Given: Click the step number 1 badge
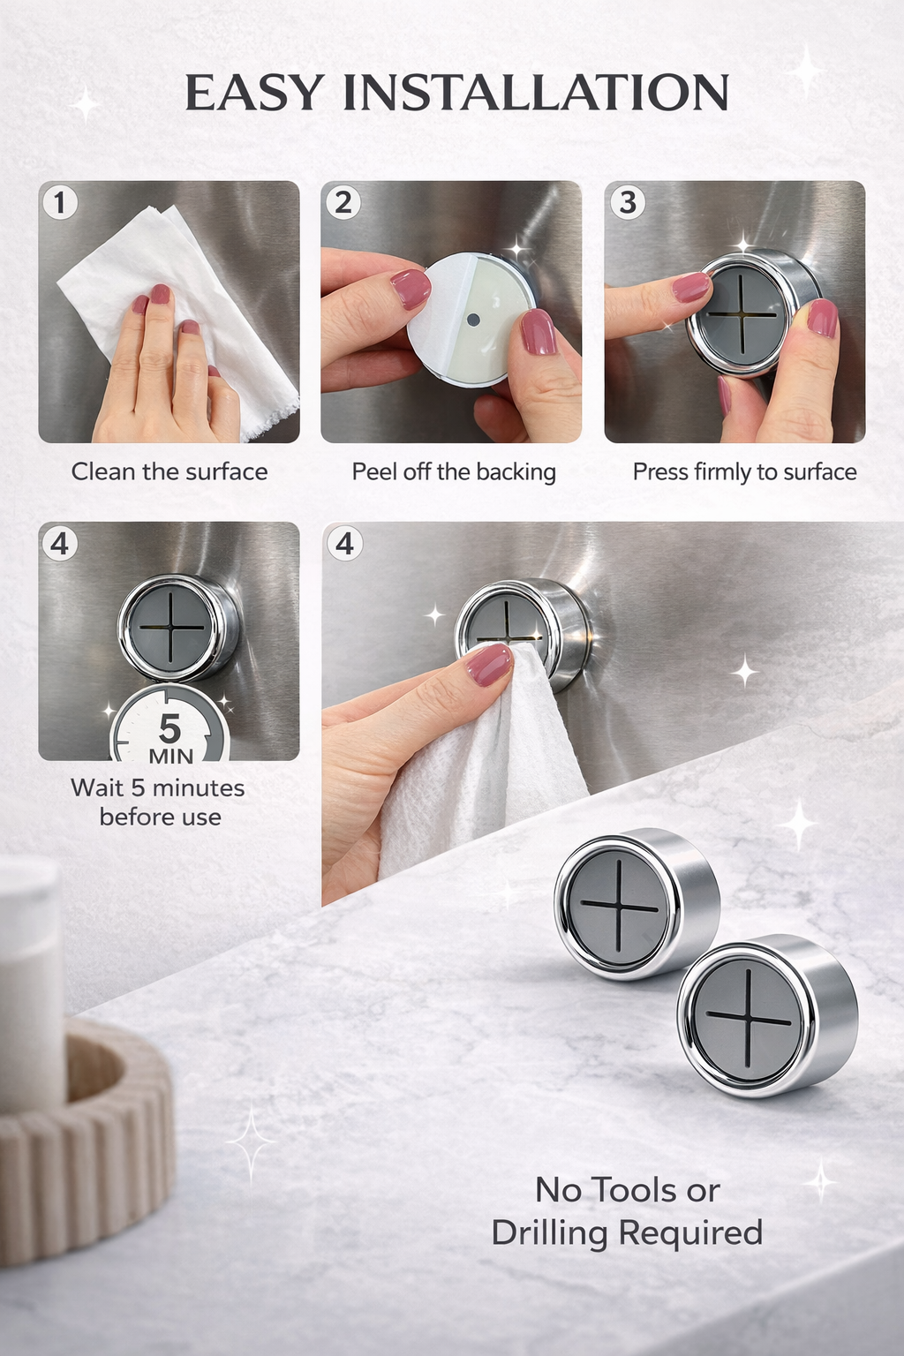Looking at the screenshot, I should pos(60,203).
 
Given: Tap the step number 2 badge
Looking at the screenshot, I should pos(343,203).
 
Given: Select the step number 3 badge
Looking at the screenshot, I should pos(627,203).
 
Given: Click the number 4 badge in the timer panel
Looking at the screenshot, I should pos(60,544).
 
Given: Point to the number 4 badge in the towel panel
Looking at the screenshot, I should pos(344,544).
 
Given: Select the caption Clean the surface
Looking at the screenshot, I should pos(169,471).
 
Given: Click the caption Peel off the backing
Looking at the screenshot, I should pos(454,471).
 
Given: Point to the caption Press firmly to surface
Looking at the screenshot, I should pos(744,471).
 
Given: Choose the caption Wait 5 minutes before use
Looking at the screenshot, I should pos(159,802).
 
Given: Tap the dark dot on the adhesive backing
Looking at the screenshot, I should pos(472,320).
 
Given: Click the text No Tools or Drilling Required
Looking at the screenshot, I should pos(628,1211).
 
